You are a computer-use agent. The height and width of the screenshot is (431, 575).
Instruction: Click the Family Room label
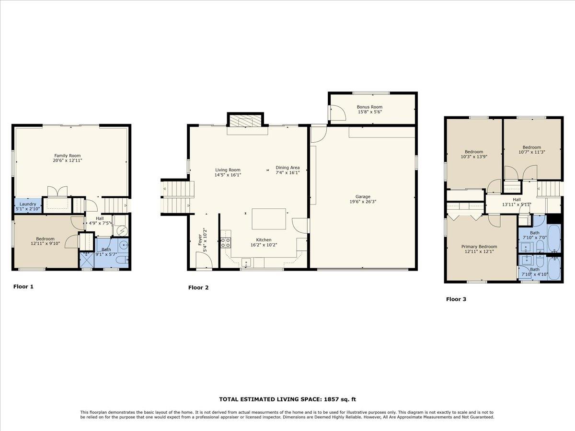68,156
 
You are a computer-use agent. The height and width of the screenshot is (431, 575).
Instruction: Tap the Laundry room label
28,204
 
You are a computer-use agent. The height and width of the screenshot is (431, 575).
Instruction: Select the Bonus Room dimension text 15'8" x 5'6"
369,112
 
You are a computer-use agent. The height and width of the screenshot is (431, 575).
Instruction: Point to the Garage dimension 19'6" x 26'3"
363,202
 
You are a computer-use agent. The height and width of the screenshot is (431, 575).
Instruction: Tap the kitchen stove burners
226,243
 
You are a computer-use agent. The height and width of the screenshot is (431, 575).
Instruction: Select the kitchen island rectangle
269,219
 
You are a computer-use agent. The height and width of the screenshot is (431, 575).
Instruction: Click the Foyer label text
200,240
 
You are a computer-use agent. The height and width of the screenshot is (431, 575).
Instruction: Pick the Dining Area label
287,168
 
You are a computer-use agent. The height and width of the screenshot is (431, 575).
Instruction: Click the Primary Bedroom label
479,247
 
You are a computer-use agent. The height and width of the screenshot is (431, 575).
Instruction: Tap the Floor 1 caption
23,286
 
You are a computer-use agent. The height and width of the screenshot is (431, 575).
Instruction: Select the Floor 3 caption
456,299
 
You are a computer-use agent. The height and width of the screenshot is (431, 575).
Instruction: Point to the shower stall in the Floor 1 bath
86,260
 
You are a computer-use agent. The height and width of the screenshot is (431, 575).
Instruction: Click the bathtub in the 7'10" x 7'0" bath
554,238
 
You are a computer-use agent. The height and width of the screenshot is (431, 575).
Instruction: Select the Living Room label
228,170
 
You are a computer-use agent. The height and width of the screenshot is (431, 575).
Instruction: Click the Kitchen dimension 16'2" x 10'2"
264,245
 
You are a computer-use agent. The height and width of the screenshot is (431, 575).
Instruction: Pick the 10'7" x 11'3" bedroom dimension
532,152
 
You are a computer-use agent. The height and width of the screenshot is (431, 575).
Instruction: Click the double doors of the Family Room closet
57,191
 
